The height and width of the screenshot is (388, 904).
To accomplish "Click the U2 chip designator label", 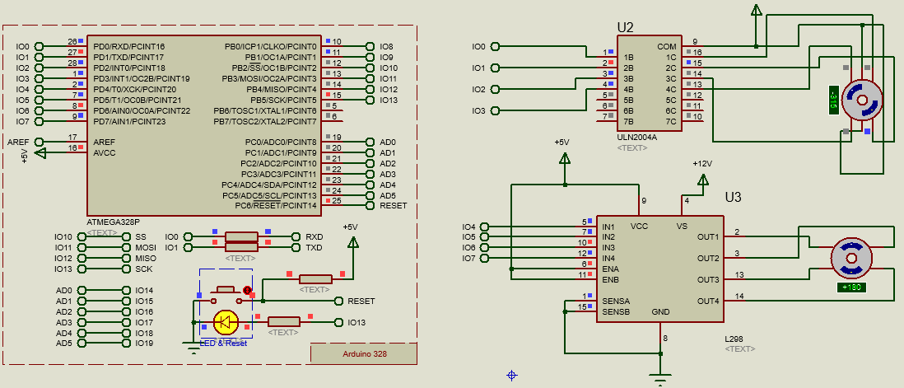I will click(625, 27).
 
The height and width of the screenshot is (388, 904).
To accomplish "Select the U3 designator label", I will click(733, 198).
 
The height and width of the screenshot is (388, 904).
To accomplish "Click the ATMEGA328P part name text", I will click(113, 222).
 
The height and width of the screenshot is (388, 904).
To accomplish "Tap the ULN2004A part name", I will click(636, 138).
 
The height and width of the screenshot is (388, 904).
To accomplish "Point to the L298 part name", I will click(735, 339).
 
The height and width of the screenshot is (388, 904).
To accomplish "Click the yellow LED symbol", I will click(225, 322).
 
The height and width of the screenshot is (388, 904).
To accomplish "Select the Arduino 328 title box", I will click(363, 353).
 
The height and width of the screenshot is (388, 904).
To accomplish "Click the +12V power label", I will click(701, 164).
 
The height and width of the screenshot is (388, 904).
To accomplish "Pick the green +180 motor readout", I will click(851, 287).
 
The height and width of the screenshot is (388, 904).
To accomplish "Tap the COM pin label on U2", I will click(666, 47).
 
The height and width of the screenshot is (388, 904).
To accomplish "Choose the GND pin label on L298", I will click(660, 312).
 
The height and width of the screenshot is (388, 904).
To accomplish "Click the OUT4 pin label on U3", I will click(707, 301).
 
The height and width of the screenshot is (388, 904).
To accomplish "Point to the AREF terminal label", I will click(18, 143).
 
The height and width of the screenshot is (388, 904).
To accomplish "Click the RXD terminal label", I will click(314, 236).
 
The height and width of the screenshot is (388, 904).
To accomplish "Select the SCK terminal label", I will click(143, 269).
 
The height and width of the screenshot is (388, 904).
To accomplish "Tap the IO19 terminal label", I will click(143, 344).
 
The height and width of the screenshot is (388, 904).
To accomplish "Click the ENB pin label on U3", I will click(610, 279).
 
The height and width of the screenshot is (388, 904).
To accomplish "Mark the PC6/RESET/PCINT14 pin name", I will click(275, 206).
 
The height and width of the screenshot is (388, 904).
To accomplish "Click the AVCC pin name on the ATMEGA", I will click(105, 153).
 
